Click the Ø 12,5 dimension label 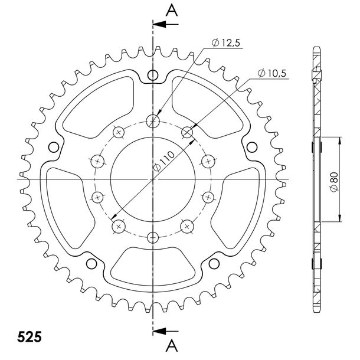click(x=225, y=42)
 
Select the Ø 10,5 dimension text click(x=272, y=73)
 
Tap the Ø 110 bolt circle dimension click(x=163, y=161)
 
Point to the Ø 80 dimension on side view click(x=333, y=181)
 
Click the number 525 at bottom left click(x=30, y=337)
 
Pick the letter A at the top click(x=172, y=11)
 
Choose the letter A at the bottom click(x=172, y=346)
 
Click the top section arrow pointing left click(x=165, y=24)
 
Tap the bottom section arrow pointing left click(x=165, y=331)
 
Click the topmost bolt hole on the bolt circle click(x=153, y=121)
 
